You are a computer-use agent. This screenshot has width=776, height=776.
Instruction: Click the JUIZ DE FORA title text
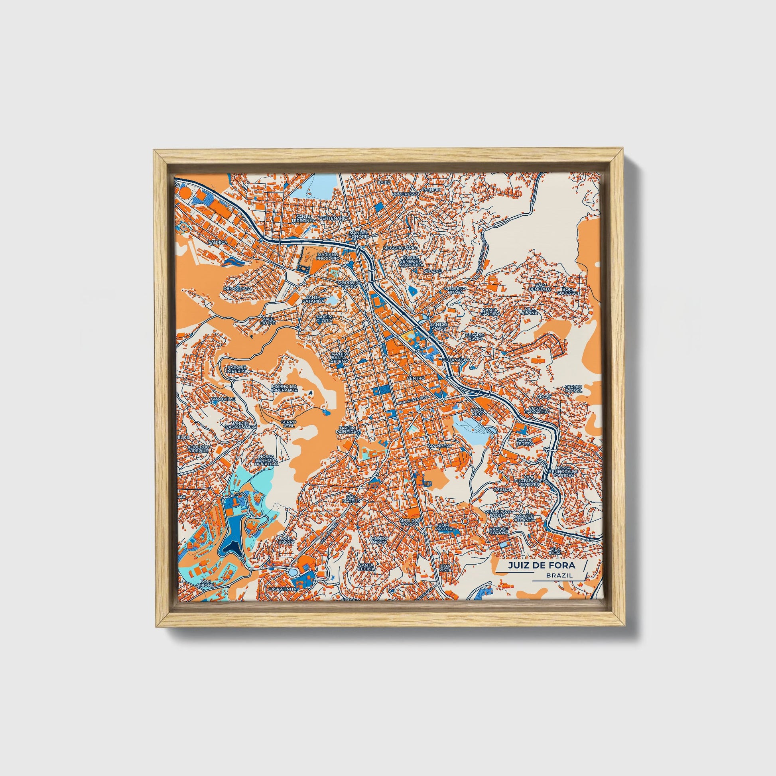click(541, 565)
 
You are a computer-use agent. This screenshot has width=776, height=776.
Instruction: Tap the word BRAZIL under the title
click(559, 575)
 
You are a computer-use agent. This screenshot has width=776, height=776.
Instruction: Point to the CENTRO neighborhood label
click(415, 378)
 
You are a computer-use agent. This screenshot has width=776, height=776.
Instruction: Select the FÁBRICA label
click(218, 242)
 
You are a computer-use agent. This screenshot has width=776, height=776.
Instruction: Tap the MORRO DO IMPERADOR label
click(284, 388)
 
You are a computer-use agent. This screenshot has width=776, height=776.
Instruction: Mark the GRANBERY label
click(440, 446)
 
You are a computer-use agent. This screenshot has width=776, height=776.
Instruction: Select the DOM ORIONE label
click(205, 583)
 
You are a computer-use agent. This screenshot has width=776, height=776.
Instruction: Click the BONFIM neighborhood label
click(432, 189)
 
